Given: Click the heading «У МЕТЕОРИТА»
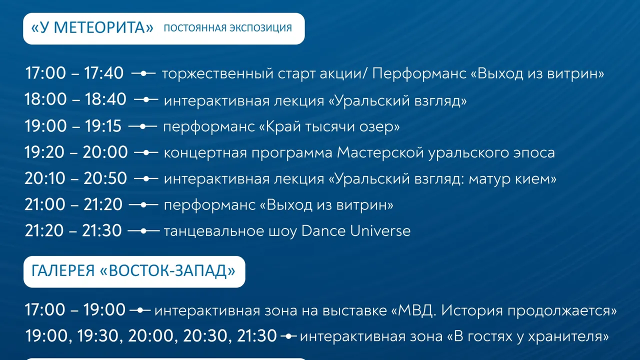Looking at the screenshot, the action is (92, 28).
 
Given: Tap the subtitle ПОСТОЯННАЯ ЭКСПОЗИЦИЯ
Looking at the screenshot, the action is (227, 28).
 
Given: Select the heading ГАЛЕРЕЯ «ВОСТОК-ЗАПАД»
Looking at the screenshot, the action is (133, 271).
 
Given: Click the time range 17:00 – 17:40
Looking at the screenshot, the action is (74, 73).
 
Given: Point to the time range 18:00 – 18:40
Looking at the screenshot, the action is (75, 99).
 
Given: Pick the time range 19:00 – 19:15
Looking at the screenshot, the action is (73, 125).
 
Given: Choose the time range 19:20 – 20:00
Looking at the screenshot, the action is (76, 152).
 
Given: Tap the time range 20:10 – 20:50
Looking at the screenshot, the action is (75, 178).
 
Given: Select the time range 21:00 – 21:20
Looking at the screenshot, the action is (73, 204).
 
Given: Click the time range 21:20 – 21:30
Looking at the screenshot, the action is (73, 231).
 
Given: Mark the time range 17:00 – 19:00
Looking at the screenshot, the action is (75, 309).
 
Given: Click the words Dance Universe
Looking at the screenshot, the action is (356, 231).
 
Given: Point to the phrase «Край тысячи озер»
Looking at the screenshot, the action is (329, 126).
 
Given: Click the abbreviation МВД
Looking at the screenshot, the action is (417, 310).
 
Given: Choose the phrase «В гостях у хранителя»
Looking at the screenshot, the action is (527, 336).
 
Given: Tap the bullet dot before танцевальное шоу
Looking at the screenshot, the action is (143, 231).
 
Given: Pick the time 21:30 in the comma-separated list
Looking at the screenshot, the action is (257, 336).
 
